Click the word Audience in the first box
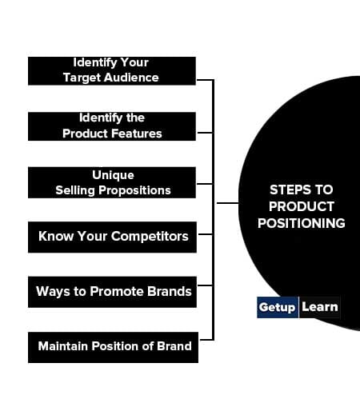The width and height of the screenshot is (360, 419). click(131, 78)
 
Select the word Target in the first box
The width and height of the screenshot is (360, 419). click(82, 78)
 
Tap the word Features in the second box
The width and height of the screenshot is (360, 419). click(137, 134)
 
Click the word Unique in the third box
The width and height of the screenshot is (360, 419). click(113, 175)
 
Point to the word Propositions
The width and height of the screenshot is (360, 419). click(134, 191)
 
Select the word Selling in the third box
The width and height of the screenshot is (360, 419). click(75, 191)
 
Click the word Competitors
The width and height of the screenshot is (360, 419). click(150, 237)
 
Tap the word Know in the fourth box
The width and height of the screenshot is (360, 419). click(56, 236)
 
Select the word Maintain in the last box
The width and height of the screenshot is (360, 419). click(63, 346)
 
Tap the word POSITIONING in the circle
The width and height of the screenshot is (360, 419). click(302, 223)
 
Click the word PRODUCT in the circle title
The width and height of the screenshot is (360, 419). click(302, 206)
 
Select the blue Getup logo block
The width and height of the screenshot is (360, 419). click(278, 307)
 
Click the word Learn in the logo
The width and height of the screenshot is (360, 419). click(320, 307)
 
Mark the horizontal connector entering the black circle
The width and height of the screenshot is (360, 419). click(227, 203)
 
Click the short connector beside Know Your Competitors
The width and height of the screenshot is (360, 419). click(206, 234)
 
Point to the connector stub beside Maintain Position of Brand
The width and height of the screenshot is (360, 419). click(206, 340)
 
